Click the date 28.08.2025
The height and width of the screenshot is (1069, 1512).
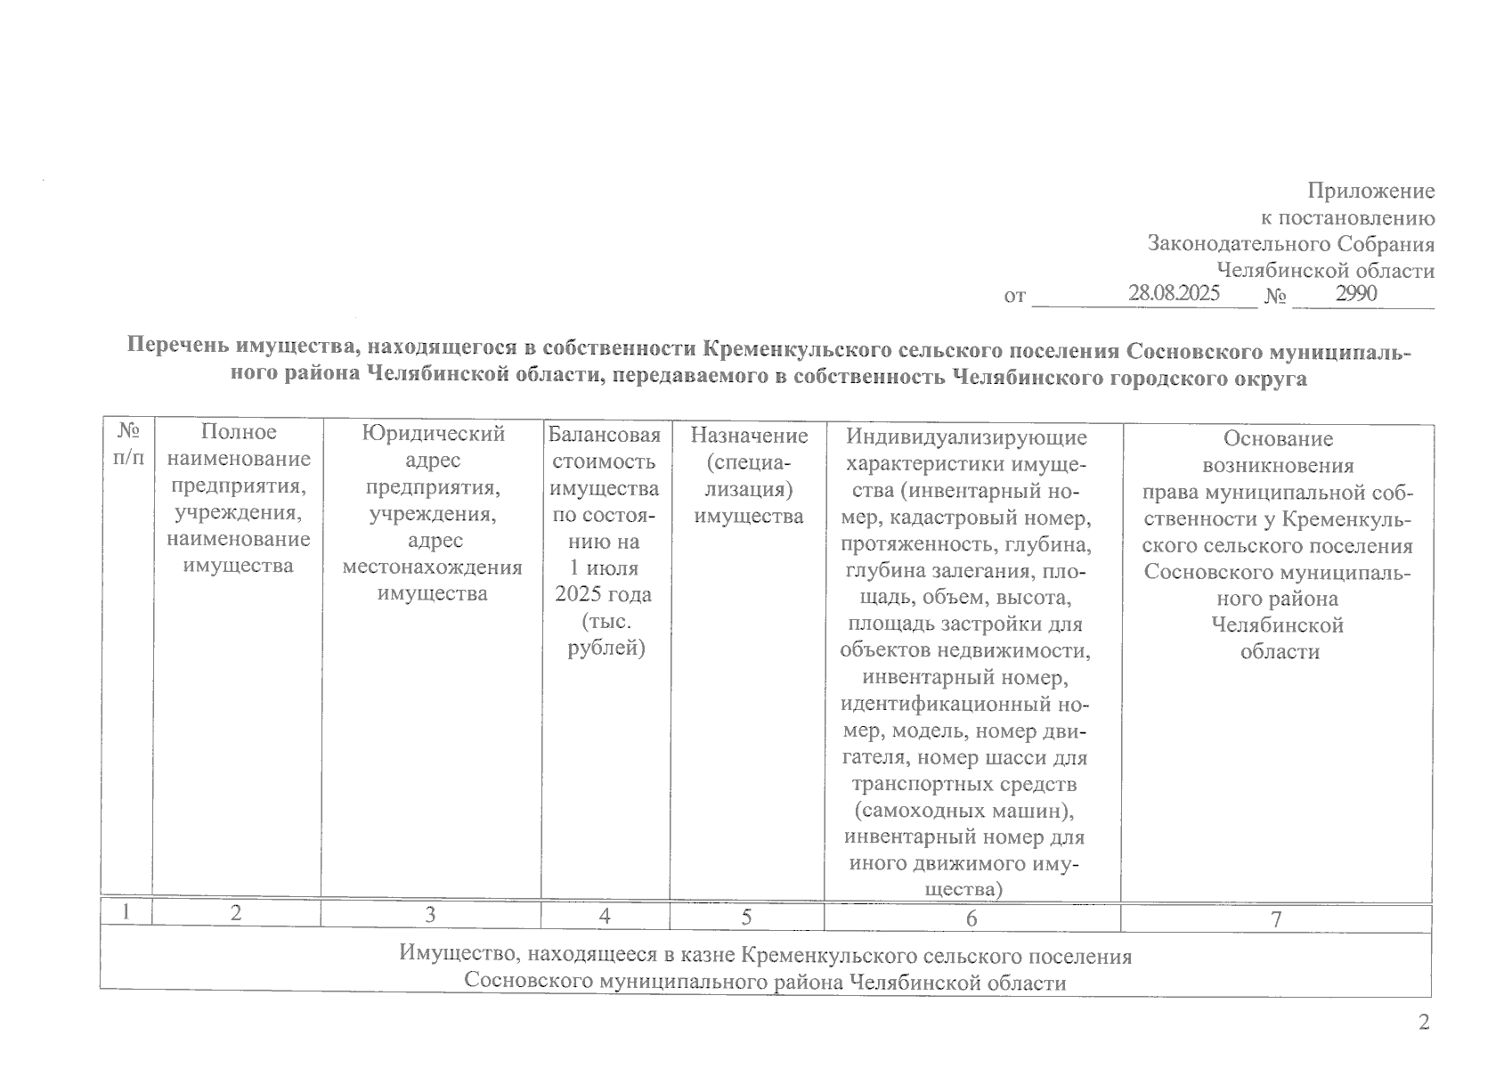[x=1174, y=293]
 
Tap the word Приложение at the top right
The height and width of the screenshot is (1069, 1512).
[x=1370, y=191]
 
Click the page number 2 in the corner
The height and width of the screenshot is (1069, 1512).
[x=1423, y=1022]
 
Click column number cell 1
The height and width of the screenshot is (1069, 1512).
[x=126, y=912]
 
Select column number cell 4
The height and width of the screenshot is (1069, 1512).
[x=605, y=915]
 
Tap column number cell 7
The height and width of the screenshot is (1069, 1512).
[x=1275, y=919]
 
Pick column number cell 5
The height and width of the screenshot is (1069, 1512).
[x=746, y=916]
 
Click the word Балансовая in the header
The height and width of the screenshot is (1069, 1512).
[x=605, y=435]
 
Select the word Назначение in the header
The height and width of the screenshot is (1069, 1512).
[x=749, y=436]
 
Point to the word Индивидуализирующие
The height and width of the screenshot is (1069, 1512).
[x=966, y=437]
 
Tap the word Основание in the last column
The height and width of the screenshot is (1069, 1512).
[x=1278, y=438]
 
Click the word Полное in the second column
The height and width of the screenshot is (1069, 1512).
[x=239, y=432]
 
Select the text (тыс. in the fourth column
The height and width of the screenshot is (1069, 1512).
[x=604, y=621]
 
